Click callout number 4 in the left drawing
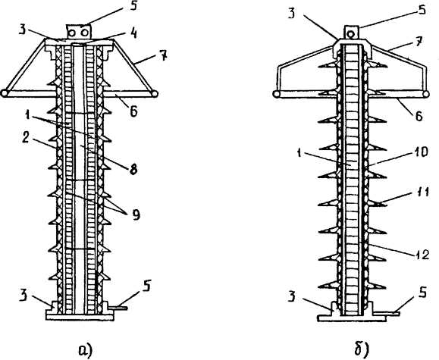click(134, 33)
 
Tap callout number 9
click(136, 215)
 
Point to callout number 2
click(26, 138)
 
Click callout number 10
click(422, 152)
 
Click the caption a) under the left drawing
click(86, 350)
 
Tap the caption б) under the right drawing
click(362, 349)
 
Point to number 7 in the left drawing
click(163, 56)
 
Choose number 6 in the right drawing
click(419, 116)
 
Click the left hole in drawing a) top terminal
click(73, 33)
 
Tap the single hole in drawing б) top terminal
click(350, 34)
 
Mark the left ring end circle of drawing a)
click(5, 93)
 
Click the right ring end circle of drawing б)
click(425, 94)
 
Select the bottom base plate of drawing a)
click(80, 317)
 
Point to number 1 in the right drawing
click(299, 153)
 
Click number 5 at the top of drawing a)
click(134, 5)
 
